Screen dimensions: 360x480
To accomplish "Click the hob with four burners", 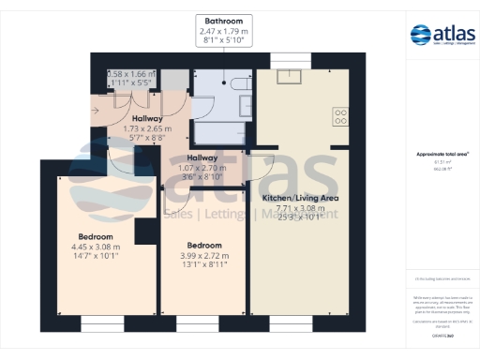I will point(341,117).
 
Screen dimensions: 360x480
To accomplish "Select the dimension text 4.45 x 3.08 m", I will point(97,247).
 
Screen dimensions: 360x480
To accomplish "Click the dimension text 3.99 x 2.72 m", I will point(203,255).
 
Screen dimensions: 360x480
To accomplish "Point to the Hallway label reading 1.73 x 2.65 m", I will point(148,129).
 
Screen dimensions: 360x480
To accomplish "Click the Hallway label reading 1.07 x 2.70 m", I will point(202,168).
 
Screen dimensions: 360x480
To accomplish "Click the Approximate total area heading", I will point(442,154).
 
